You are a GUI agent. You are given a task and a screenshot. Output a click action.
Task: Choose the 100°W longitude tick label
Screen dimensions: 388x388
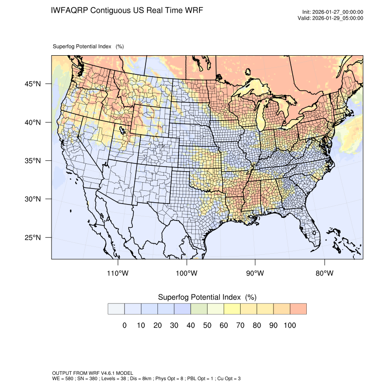[x=187, y=273]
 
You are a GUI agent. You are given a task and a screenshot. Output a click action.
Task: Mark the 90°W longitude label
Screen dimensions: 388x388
[x=256, y=273]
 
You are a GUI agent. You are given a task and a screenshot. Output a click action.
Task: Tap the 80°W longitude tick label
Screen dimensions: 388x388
[x=325, y=273]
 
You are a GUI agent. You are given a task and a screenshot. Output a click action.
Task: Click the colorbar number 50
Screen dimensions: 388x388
[x=207, y=325]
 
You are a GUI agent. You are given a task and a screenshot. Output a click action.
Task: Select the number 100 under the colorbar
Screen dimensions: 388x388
[x=290, y=325]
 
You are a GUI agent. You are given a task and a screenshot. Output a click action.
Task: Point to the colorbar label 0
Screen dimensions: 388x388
[x=124, y=325]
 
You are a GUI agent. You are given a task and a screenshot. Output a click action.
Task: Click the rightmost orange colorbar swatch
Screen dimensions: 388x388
[x=298, y=309]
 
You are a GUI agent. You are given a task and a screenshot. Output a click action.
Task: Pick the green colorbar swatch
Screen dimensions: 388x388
[x=199, y=309]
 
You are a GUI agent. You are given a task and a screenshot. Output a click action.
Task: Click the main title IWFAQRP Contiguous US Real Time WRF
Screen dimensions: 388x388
[x=127, y=10]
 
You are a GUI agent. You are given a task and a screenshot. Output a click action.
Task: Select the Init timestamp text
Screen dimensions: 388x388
[x=333, y=12]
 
